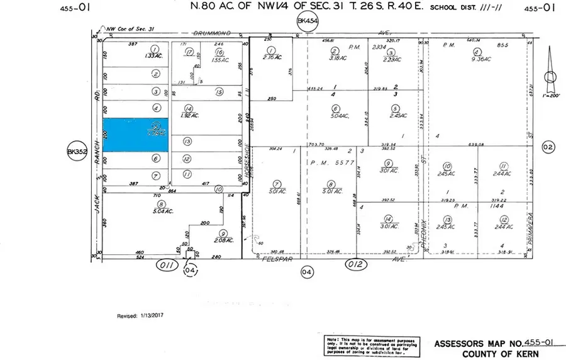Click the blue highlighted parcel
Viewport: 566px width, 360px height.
pos(135,135)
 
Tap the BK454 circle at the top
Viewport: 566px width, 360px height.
pos(305,23)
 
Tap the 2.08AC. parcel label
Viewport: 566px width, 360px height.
pos(224,240)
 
